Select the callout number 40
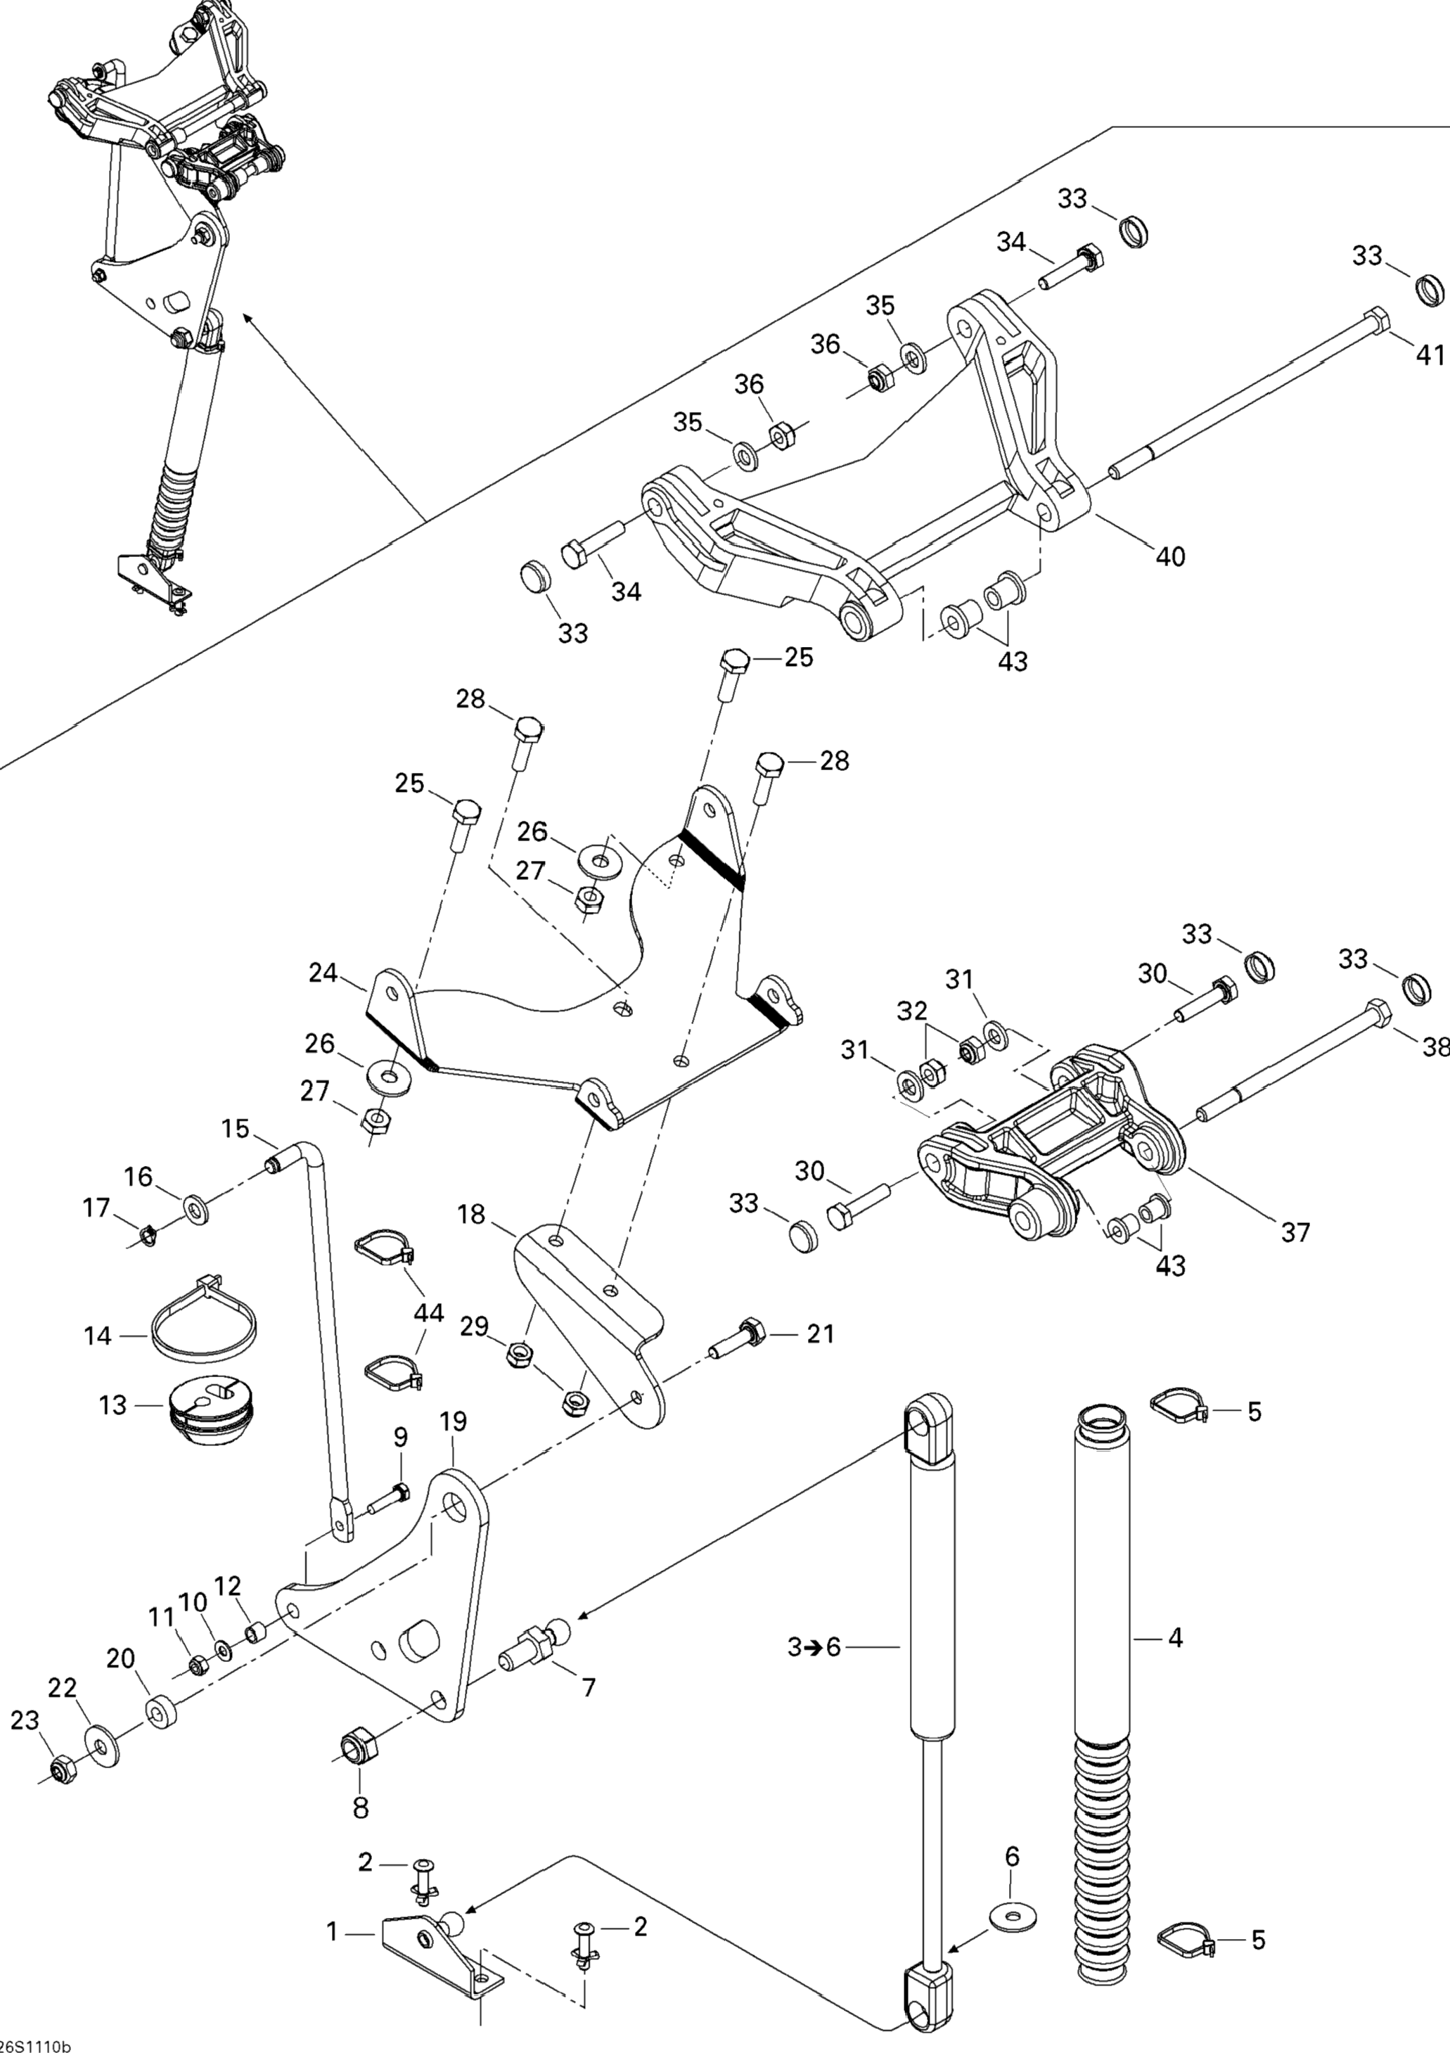[1170, 556]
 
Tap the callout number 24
[323, 972]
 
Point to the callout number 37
[1295, 1232]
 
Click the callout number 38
[1435, 1046]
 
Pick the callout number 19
[454, 1421]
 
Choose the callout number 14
[98, 1335]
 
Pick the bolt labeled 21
[737, 1362]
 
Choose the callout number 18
[471, 1214]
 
